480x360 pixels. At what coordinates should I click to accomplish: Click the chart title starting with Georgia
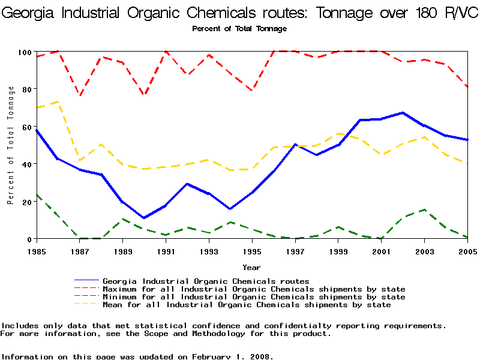point(240,13)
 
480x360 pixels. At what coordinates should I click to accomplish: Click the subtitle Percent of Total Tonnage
point(239,29)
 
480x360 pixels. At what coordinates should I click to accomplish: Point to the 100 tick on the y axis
point(23,52)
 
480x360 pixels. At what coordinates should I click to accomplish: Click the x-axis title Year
point(251,267)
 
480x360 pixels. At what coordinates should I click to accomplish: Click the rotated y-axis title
point(11,145)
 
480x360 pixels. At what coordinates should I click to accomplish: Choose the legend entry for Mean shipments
point(247,305)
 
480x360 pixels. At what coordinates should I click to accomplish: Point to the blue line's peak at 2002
point(403,113)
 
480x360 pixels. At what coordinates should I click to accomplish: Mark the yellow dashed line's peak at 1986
point(58,102)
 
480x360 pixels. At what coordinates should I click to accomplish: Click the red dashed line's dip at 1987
point(80,96)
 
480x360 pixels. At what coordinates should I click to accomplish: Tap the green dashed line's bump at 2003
point(424,209)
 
